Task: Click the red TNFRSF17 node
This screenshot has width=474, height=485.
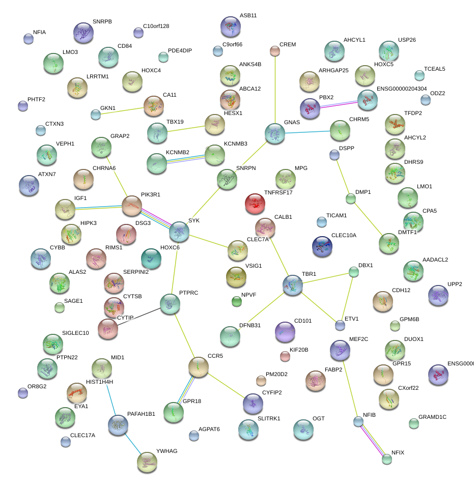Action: [255, 203]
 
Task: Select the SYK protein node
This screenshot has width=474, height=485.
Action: [179, 232]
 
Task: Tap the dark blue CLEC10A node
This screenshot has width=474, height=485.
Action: [322, 246]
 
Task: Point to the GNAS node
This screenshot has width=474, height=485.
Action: [275, 133]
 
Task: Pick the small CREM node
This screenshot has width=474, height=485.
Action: [275, 50]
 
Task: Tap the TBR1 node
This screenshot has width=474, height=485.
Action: [293, 286]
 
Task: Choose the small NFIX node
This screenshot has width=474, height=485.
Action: [387, 459]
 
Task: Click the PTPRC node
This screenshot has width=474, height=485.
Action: [170, 304]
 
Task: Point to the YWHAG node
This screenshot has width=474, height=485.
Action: [147, 462]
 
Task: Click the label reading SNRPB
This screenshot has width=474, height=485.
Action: [102, 22]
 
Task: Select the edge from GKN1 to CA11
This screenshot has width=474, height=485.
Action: [122, 110]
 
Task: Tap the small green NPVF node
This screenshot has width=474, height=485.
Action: [237, 302]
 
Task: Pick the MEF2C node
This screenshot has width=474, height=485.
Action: [340, 350]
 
